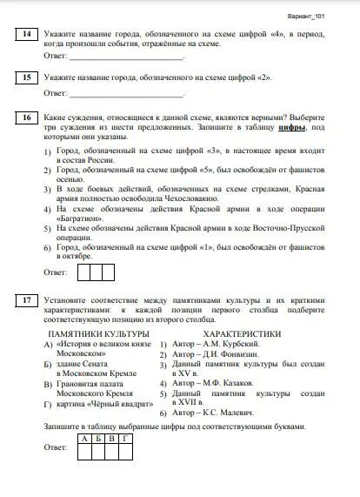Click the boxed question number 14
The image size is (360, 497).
point(27,35)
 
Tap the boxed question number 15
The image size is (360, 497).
point(27,78)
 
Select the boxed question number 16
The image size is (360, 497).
point(27,118)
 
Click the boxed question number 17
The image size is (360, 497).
point(27,300)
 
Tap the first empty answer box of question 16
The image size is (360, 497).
point(84,272)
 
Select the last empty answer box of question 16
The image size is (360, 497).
point(108,272)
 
